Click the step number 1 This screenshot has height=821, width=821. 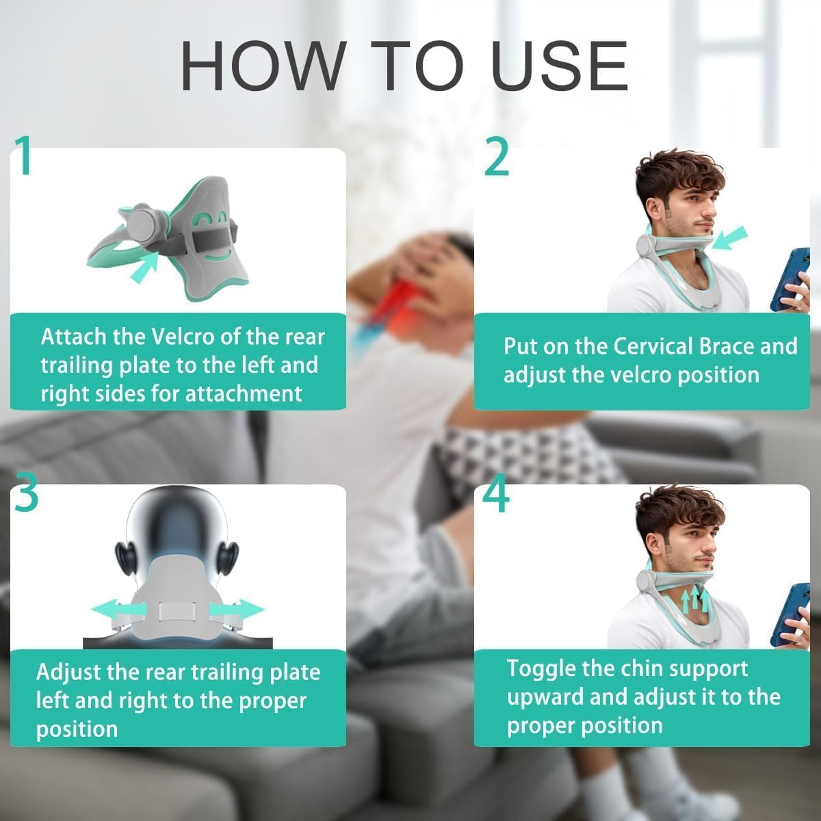25,155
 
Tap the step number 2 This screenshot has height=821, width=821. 497,155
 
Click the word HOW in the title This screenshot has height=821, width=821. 262,66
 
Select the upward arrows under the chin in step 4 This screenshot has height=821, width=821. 694,600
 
